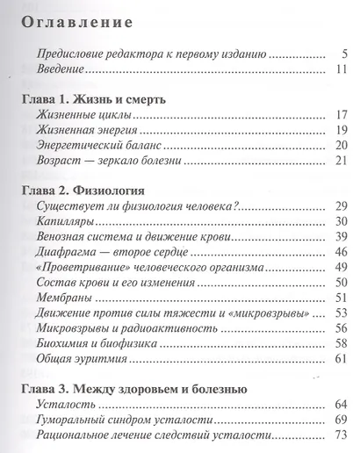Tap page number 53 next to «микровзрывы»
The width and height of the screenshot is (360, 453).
342,313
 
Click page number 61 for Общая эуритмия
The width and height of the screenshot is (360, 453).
342,359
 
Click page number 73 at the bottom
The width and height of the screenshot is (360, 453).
342,436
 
